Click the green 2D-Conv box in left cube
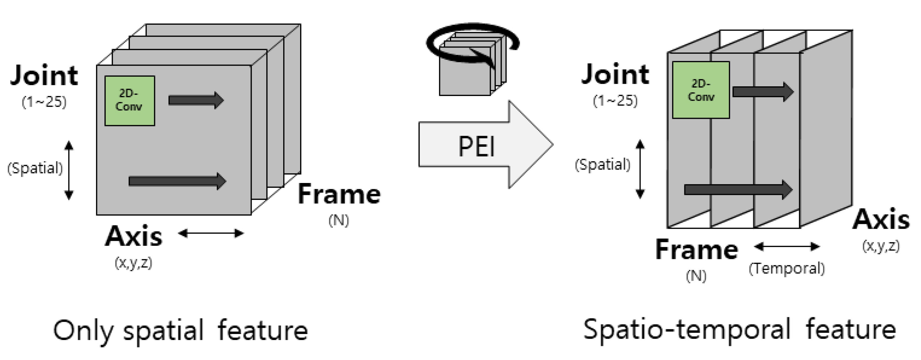pos(129,101)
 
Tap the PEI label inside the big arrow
pos(476,146)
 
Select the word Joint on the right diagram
pos(615,74)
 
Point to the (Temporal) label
pos(787,268)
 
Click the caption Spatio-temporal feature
pos(739,330)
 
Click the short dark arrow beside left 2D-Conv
pos(196,100)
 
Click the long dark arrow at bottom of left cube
pos(177,181)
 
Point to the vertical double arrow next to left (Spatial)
pos(69,170)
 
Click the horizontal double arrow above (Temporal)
pos(787,246)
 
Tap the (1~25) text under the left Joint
pos(44,102)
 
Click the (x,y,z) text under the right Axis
pos(881,246)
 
